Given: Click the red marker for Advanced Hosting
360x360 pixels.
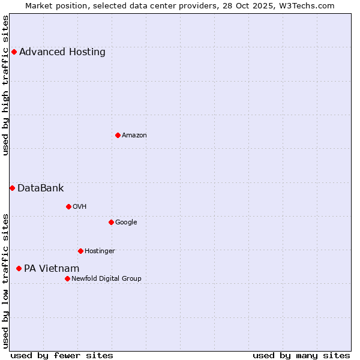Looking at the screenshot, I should tap(14, 52).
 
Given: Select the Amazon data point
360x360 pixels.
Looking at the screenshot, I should tap(118, 135).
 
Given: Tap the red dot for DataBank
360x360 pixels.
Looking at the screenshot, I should tap(12, 188).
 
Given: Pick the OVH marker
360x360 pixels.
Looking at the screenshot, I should tap(68, 206).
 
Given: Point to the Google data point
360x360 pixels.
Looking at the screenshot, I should tap(111, 222).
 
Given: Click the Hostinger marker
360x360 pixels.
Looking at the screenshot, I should tap(80, 251).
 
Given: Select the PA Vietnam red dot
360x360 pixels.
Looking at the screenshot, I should tap(19, 268).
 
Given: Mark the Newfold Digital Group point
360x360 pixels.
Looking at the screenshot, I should tap(67, 278).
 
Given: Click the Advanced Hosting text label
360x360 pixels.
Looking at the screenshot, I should tap(62, 52).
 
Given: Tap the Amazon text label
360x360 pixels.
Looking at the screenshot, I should tap(134, 135).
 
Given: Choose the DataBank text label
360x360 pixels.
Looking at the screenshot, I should tap(41, 188).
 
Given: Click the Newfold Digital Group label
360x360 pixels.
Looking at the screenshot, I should tap(106, 278).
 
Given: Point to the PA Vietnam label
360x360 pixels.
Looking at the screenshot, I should tap(52, 268).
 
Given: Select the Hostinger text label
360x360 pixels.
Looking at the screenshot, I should tap(100, 251).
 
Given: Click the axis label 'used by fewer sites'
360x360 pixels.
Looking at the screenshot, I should tap(62, 355).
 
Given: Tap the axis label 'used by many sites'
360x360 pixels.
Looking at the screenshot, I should tap(301, 355).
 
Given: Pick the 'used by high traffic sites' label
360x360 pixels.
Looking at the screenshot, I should tap(6, 85).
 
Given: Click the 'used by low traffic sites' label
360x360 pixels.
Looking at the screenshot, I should tap(6, 280).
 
